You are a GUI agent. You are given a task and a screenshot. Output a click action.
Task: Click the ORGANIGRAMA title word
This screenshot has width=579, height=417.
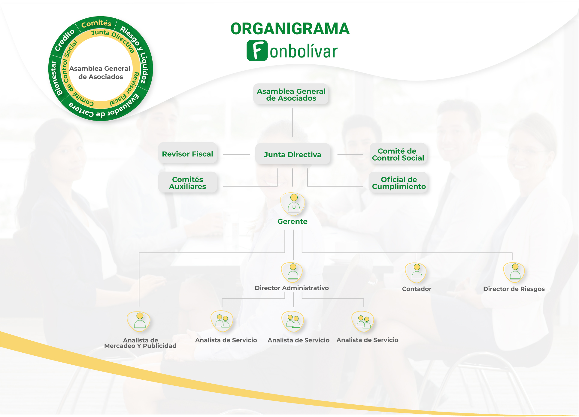tap(290, 29)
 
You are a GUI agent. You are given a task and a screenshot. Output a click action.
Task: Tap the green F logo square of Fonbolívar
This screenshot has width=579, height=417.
tap(257, 51)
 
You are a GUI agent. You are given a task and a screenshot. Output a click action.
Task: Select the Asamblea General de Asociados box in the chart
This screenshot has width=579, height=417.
tap(291, 94)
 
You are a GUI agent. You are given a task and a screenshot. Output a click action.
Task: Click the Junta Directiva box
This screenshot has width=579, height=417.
tap(293, 154)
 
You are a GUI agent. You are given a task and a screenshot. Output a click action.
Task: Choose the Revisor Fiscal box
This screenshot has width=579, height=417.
tap(187, 154)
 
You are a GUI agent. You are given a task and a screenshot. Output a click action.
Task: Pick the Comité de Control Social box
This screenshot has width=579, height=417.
tap(398, 154)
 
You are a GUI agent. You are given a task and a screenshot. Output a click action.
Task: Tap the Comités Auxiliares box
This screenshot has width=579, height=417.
tap(187, 183)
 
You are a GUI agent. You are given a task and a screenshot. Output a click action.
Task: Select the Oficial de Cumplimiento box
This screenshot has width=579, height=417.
tap(399, 183)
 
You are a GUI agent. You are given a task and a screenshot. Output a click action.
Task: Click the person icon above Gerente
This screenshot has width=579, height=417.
tap(293, 204)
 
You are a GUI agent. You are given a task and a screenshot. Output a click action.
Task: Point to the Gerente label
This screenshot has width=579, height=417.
tap(292, 222)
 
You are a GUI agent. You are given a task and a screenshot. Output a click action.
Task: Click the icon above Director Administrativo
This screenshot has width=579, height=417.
tap(292, 272)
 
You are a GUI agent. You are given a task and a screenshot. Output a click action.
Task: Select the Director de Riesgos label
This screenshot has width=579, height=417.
tap(514, 289)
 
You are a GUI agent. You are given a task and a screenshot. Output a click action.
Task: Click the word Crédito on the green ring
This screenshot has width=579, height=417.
tap(65, 40)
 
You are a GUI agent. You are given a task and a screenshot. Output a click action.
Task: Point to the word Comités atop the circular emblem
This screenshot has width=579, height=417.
tap(96, 23)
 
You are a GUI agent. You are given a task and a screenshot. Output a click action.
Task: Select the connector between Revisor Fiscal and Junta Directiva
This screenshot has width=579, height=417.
tap(236, 154)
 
